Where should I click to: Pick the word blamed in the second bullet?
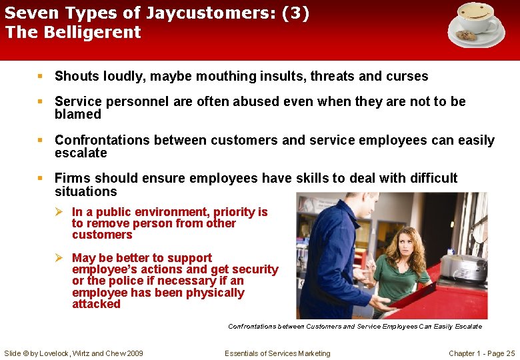(x=78, y=115)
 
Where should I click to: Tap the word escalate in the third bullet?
(x=81, y=153)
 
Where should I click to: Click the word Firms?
(x=73, y=178)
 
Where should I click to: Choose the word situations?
(x=85, y=192)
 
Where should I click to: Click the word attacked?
(x=96, y=304)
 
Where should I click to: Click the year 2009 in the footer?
(x=133, y=353)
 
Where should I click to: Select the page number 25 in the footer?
(x=511, y=353)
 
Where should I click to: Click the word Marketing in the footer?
(x=311, y=353)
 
